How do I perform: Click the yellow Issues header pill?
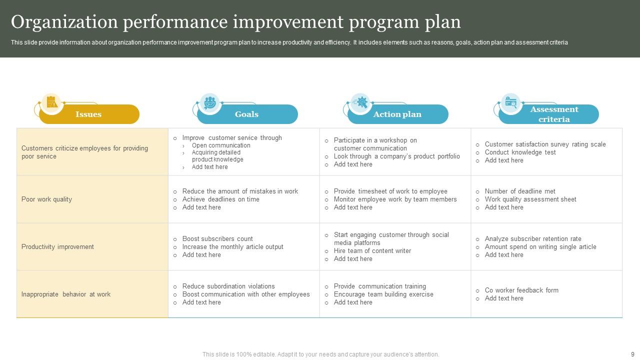coord(88,114)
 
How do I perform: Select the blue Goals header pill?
coord(247,114)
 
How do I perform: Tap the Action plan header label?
coord(397,114)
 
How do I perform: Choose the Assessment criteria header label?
coord(554,114)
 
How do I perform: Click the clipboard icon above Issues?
coord(51,102)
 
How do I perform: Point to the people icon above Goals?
coord(209,102)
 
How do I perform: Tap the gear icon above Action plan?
coord(360,102)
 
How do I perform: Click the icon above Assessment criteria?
coord(510,102)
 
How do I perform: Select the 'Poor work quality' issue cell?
coord(46,199)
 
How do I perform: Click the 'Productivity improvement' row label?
coord(57,247)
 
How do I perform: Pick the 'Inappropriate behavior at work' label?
coord(66,294)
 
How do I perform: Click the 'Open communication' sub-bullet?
coord(221,145)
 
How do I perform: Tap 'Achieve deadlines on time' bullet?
coord(220,199)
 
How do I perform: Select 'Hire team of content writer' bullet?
coord(372,251)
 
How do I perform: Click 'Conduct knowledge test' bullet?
coord(520,152)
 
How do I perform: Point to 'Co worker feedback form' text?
coord(521,290)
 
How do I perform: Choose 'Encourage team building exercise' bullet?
coord(383,294)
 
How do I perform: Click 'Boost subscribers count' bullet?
coord(217,239)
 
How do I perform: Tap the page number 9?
coord(632,354)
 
